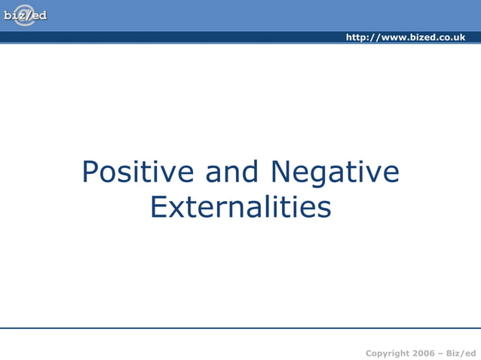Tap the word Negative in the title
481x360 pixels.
point(334,174)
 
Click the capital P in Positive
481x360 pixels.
point(90,172)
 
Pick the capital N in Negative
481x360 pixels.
point(280,172)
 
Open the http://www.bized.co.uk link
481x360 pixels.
point(405,37)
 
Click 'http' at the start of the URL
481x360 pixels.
point(357,37)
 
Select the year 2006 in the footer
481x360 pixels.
point(424,353)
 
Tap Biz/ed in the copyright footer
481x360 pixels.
point(461,353)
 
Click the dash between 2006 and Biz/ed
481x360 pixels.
point(441,353)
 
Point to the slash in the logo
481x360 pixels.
point(27,15)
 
